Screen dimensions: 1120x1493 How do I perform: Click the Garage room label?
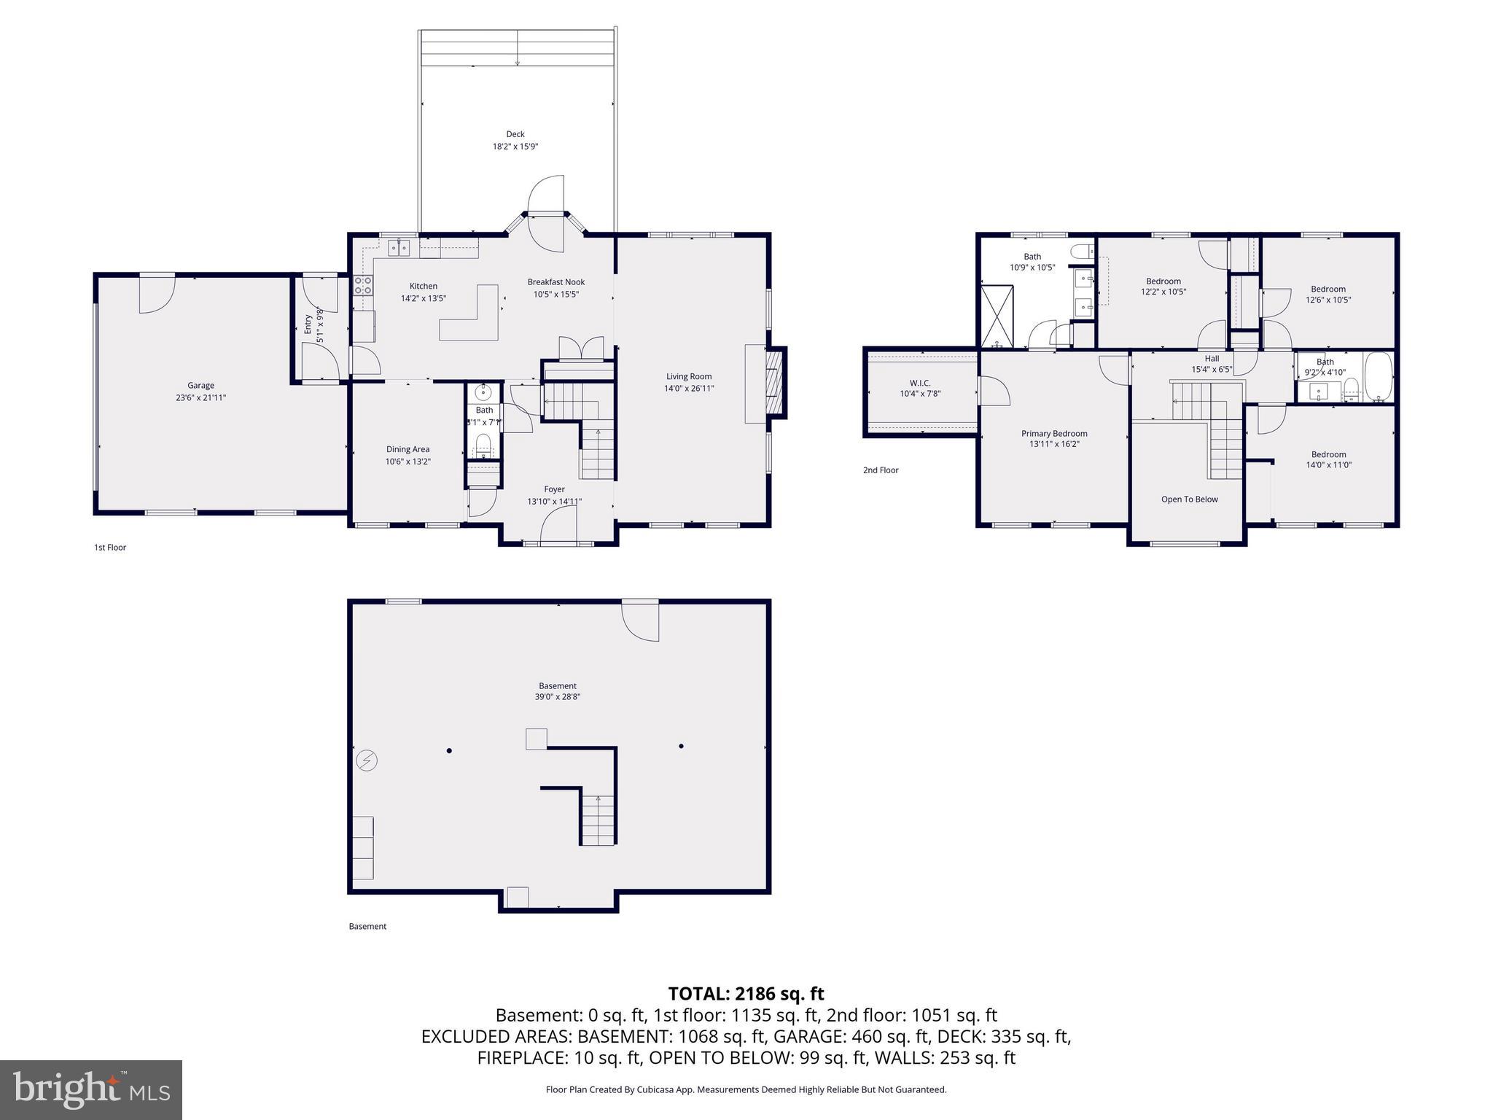click(x=200, y=386)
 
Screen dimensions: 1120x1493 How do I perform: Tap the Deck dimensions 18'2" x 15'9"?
click(x=515, y=147)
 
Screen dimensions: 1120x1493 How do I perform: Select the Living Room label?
click(x=688, y=377)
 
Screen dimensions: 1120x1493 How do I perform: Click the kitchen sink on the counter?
click(x=399, y=249)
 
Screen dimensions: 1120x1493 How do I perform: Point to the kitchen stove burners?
click(x=363, y=285)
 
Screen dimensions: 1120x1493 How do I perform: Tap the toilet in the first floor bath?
click(x=483, y=443)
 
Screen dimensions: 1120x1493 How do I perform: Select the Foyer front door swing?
click(x=560, y=524)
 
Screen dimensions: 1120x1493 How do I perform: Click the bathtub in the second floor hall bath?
click(x=1378, y=377)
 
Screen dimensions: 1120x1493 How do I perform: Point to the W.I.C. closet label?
click(x=920, y=383)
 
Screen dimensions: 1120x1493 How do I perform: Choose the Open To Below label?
click(x=1189, y=499)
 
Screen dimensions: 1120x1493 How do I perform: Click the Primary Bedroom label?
click(x=1053, y=434)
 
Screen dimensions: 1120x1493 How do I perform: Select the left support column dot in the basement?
click(x=449, y=751)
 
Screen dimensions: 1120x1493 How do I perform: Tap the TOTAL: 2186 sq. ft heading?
click(x=746, y=994)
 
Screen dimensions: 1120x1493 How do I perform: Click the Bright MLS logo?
click(x=90, y=1089)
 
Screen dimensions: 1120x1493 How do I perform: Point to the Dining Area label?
click(x=408, y=450)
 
